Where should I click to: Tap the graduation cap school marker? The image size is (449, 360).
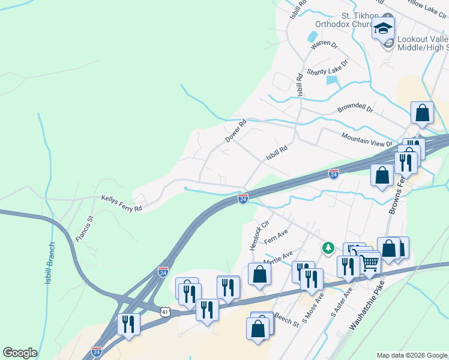(x=383, y=28)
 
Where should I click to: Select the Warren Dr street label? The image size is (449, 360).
(x=324, y=45)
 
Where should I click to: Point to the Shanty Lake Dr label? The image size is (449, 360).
(x=327, y=68)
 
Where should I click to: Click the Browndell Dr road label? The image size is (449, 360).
(x=355, y=110)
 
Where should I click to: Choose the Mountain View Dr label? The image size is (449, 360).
(x=366, y=140)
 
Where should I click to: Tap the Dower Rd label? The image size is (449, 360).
(x=236, y=131)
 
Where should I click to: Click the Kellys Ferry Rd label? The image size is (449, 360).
(x=121, y=203)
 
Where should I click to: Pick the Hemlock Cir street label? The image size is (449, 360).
(x=256, y=236)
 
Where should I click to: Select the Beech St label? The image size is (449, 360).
(x=287, y=319)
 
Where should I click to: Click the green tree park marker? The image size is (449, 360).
(x=328, y=247)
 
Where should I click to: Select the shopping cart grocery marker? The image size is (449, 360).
(x=369, y=262)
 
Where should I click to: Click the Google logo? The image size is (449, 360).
(x=20, y=353)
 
